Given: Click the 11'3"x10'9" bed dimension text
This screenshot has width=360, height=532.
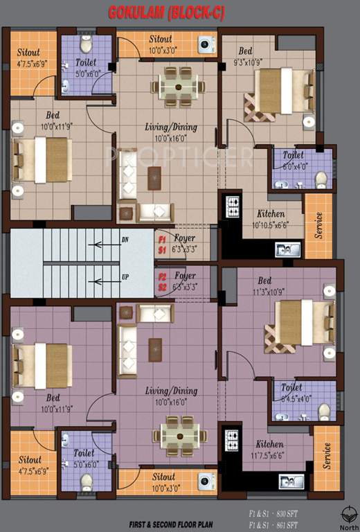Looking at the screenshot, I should click(264, 292).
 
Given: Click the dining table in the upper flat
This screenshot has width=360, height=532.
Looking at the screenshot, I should click(179, 85).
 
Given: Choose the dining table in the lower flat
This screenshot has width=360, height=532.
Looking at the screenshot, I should click(180, 436).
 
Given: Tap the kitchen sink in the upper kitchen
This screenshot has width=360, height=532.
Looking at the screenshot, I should click(287, 249).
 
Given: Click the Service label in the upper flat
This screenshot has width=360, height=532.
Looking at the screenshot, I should click(319, 225).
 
